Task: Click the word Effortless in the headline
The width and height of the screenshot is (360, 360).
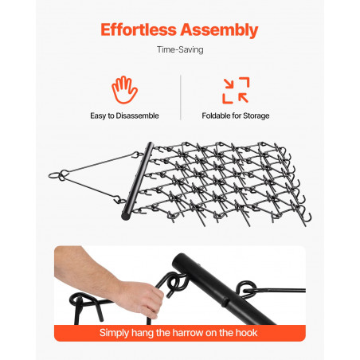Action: coord(139,29)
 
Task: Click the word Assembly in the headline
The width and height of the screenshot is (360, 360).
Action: coord(219,30)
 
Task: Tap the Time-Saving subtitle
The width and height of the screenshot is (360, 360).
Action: coord(180,49)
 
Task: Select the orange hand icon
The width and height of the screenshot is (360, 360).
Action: coord(124,90)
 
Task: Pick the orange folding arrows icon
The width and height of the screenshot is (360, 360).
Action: coord(236,90)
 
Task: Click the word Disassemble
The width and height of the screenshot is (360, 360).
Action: coord(137,115)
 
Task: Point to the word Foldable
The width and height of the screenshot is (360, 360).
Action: coord(215,115)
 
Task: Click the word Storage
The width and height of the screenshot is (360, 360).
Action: coord(256,116)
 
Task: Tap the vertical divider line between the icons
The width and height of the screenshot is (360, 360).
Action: coord(181,97)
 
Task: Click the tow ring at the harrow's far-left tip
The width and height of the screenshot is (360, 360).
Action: coord(53,175)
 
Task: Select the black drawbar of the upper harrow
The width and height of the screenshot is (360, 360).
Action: coord(138,181)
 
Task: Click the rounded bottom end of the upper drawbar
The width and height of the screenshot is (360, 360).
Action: coord(125,216)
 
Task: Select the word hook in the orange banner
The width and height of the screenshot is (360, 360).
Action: coord(248,333)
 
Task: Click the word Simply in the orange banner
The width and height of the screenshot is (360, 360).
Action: coord(114,333)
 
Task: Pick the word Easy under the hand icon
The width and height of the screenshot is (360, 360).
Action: coord(98,116)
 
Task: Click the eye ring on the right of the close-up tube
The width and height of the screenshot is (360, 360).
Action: coord(246,289)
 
